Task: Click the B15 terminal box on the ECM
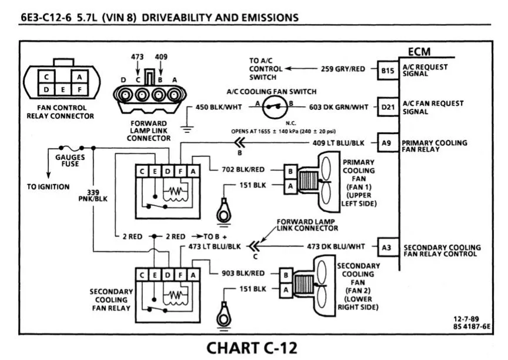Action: pos(387,70)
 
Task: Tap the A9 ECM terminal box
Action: pos(386,142)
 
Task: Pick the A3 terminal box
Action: pos(386,248)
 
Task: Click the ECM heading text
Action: pos(420,52)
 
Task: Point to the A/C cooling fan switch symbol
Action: pos(274,106)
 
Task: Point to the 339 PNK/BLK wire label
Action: pos(93,195)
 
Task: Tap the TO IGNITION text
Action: pos(48,187)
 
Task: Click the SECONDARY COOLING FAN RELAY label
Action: pos(111,299)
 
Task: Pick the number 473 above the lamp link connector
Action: pos(137,56)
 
